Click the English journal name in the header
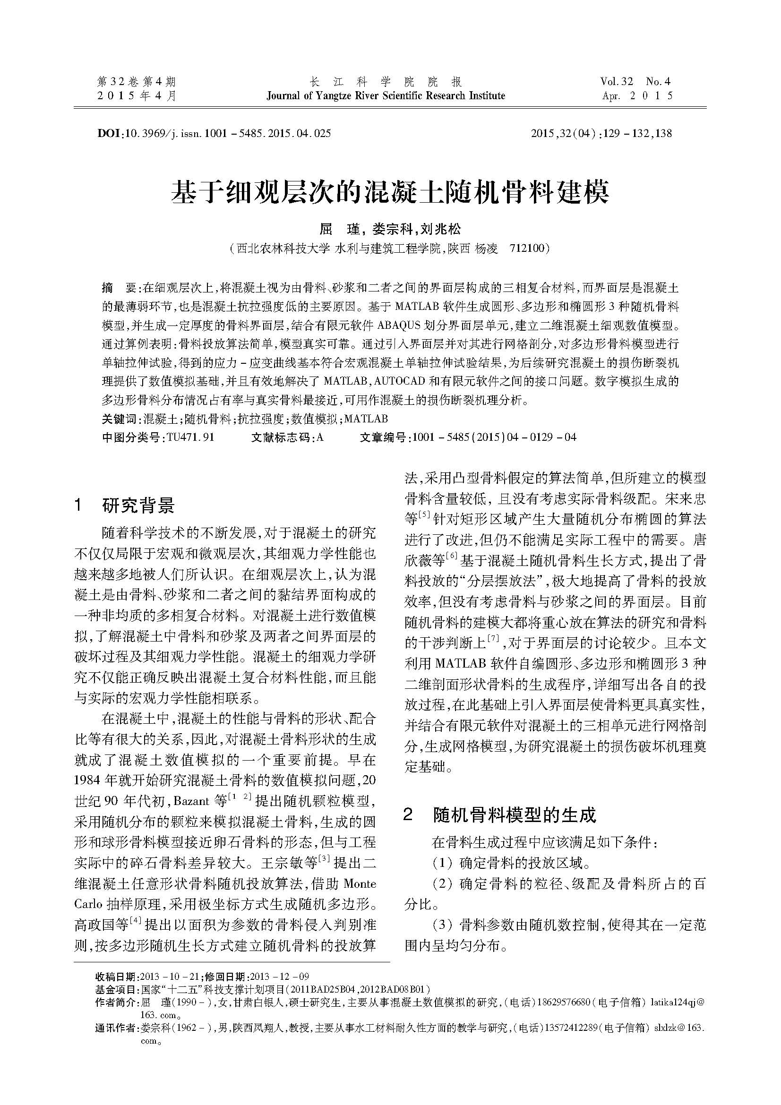(x=386, y=95)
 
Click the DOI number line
(x=214, y=133)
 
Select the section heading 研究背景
(x=138, y=505)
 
